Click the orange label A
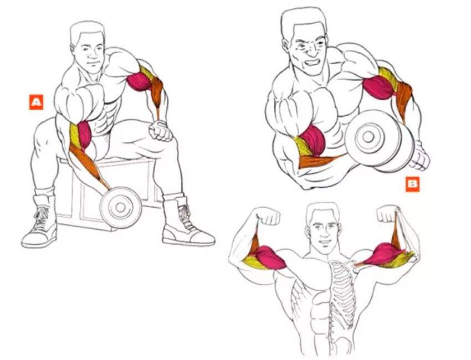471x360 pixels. coord(37,102)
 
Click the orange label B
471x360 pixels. coord(413,184)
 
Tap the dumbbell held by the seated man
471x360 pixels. coord(121,207)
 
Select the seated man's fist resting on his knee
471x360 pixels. coord(160,130)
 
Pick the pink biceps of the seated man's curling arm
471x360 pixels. coord(85,134)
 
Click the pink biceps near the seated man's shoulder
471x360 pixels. coord(139,82)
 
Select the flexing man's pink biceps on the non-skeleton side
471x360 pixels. coord(271,257)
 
